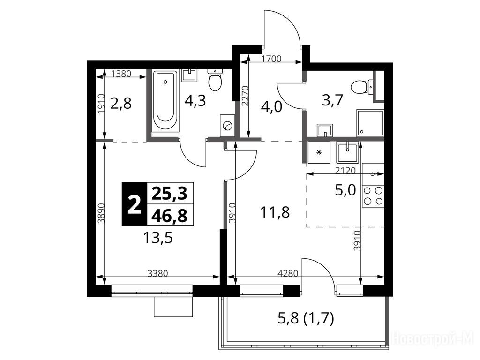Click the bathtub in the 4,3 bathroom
coord(165,101)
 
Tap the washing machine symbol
coord(227,126)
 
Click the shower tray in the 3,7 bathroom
coord(370,123)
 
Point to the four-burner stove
coord(373,196)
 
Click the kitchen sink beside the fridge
coord(347,152)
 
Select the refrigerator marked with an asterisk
coord(319,152)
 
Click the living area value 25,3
coord(169,194)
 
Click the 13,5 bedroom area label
coord(157,238)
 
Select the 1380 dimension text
coord(121,74)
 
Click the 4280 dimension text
coord(287,273)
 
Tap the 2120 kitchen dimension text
coord(345,170)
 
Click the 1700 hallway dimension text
coord(271,59)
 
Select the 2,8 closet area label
coord(121,104)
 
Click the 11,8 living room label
coord(275,212)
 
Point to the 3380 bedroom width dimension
coord(157,273)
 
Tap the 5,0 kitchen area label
coord(345,190)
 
